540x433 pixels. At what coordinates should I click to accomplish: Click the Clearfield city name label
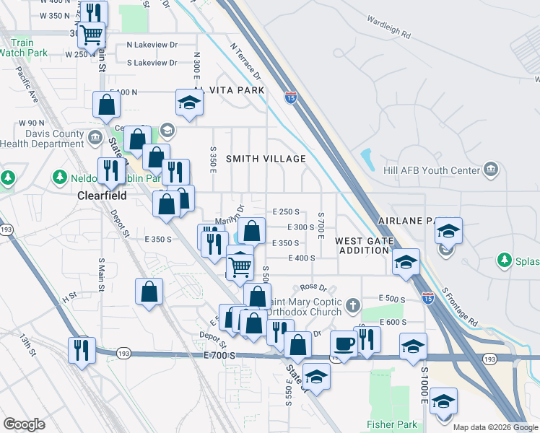[102, 196]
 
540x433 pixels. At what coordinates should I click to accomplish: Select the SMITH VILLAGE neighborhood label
[266, 159]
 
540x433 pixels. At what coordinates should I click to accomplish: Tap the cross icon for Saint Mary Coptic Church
[353, 305]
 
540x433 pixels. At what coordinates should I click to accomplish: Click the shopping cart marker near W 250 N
[92, 33]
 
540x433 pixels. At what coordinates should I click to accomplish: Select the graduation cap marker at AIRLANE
[448, 232]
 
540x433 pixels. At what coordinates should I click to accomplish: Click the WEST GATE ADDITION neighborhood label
[364, 245]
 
